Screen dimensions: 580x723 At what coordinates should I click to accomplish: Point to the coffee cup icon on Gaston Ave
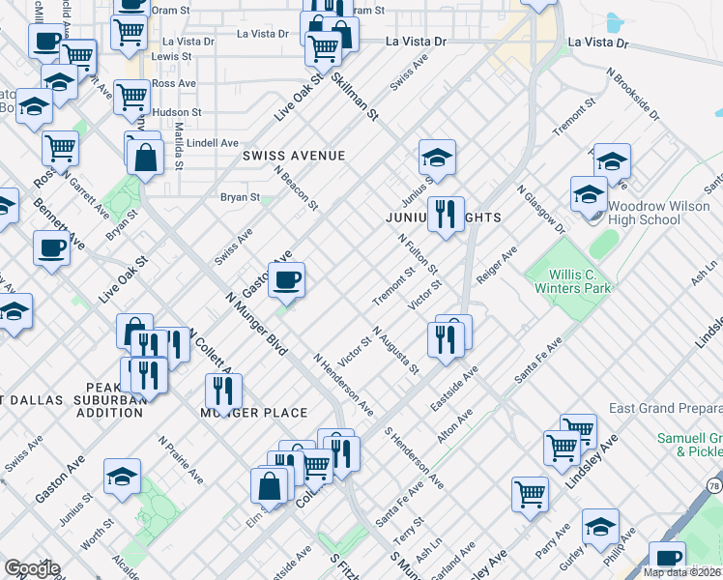pos(285,281)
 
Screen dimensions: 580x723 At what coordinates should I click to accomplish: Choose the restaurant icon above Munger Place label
pos(223,391)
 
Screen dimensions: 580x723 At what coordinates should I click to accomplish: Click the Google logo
pos(32,568)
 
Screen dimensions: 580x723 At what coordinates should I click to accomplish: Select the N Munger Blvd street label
pos(257,325)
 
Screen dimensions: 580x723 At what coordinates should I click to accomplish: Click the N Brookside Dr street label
pos(632,93)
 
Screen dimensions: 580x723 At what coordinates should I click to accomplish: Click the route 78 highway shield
pos(714,484)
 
